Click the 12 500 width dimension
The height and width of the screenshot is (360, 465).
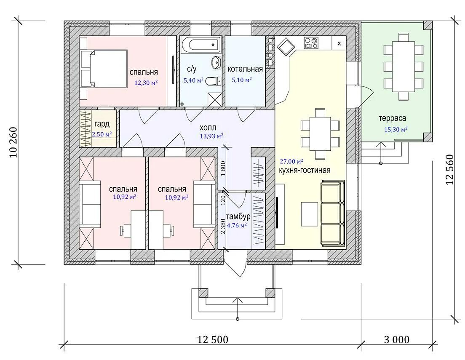pyautogui.click(x=213, y=339)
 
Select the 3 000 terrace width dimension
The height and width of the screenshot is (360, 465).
pyautogui.click(x=396, y=339)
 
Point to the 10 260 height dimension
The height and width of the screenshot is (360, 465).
pyautogui.click(x=13, y=142)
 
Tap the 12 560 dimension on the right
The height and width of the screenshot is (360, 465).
pyautogui.click(x=450, y=170)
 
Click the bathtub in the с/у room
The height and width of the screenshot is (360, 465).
pyautogui.click(x=201, y=45)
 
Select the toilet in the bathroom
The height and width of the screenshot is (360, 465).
pyautogui.click(x=213, y=81)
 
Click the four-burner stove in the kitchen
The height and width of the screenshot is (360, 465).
pyautogui.click(x=311, y=43)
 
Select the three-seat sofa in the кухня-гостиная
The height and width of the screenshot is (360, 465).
pyautogui.click(x=333, y=213)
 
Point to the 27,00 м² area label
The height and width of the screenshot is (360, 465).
pyautogui.click(x=291, y=161)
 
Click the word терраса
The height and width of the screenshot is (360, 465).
pyautogui.click(x=393, y=118)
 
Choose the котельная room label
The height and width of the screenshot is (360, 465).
pyautogui.click(x=245, y=69)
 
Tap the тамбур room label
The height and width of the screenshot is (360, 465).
pyautogui.click(x=238, y=216)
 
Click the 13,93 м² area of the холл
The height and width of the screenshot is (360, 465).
pyautogui.click(x=211, y=136)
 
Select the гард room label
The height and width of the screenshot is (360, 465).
pyautogui.click(x=102, y=124)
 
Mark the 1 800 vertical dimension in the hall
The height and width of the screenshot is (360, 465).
pyautogui.click(x=223, y=168)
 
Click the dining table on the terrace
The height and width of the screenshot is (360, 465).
pyautogui.click(x=404, y=67)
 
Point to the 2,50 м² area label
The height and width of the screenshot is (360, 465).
pyautogui.click(x=102, y=134)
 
